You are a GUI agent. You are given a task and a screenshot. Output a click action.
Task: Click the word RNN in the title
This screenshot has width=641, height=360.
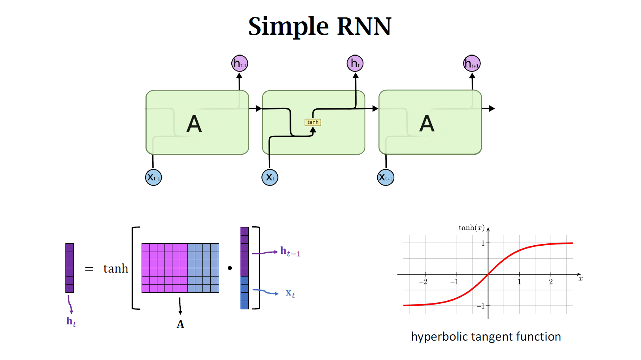tap(364, 27)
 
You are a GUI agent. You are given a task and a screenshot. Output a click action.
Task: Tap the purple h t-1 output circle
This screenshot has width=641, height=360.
tap(240, 63)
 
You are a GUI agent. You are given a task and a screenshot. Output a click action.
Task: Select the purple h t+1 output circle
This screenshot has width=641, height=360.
tap(472, 63)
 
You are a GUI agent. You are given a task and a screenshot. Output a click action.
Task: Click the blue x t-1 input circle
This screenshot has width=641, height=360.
tap(153, 177)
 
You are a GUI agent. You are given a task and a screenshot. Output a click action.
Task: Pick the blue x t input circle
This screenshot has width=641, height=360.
tap(270, 177)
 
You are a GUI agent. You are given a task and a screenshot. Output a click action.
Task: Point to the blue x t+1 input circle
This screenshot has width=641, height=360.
tap(386, 177)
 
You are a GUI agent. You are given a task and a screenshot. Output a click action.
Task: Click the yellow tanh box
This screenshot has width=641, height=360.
tap(313, 122)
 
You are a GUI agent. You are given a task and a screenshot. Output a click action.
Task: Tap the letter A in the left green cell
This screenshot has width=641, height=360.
tap(194, 124)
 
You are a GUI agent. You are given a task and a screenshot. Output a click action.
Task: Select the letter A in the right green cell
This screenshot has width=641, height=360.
tap(427, 124)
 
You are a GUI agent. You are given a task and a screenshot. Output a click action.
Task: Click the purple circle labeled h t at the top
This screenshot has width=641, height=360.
tap(355, 63)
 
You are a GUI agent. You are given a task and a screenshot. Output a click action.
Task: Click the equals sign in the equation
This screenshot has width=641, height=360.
tap(89, 269)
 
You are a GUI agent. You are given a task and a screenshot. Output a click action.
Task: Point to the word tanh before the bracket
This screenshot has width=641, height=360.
tap(116, 269)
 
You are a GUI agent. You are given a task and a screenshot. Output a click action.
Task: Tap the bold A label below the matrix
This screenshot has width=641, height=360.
tap(180, 324)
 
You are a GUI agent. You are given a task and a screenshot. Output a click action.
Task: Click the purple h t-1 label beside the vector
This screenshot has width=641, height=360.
tap(290, 252)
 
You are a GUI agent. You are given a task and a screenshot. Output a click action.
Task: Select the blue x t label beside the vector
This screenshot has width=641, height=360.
tap(290, 294)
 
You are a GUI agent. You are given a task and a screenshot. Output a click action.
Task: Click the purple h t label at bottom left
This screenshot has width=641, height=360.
tap(71, 322)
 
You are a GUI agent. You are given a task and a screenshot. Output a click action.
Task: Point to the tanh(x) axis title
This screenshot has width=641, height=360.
tap(471, 227)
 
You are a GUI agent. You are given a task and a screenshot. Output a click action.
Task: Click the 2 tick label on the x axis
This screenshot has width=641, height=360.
tap(551, 282)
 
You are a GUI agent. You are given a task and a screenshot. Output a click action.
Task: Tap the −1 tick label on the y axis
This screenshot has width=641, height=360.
tap(480, 306)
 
